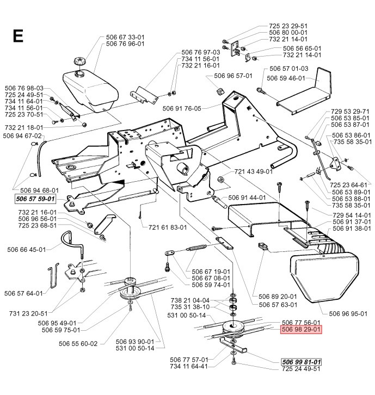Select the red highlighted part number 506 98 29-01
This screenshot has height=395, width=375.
click(301, 329)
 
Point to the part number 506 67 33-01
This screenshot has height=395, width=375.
click(121, 36)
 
